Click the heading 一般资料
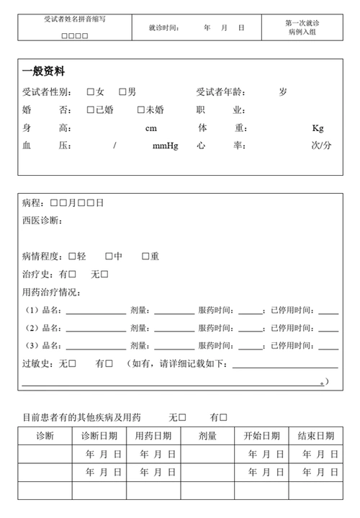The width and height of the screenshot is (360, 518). point(44,71)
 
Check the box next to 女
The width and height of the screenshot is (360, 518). point(91,92)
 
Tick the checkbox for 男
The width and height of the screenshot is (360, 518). point(123,92)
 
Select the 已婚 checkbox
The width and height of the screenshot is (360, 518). point(91,110)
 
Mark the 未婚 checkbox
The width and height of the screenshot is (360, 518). point(141,110)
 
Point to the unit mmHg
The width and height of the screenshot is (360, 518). point(165,146)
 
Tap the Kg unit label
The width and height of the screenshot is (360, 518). point(318,128)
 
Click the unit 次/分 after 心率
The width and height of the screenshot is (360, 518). point(321,146)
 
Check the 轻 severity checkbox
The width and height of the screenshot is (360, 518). point(72,256)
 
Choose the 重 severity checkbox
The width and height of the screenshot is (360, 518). point(145,256)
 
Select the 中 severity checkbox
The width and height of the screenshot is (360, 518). point(109,256)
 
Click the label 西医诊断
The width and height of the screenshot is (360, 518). point(42,220)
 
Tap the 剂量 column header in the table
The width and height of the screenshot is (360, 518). point(208,436)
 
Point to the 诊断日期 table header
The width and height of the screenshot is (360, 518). point(99,436)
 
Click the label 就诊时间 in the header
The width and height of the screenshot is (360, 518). point(164,28)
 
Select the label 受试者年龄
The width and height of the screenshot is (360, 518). point(222,92)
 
